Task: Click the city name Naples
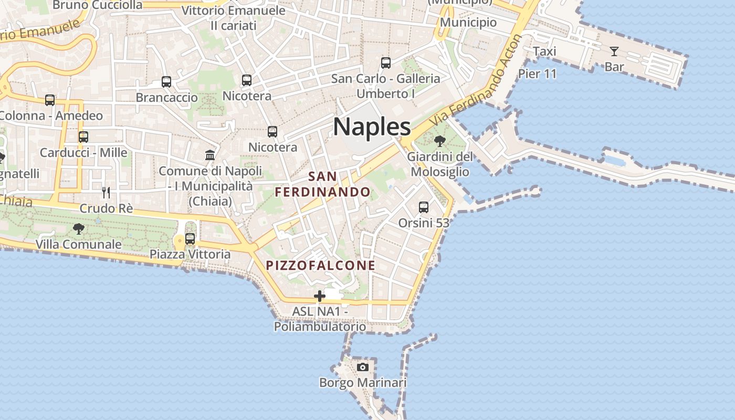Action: click(372, 127)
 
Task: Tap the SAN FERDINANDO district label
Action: click(323, 184)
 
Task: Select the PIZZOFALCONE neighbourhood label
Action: click(321, 265)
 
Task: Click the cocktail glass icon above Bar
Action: click(614, 51)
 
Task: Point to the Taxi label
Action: click(544, 51)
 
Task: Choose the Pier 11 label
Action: click(537, 73)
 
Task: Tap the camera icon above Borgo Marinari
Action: click(363, 367)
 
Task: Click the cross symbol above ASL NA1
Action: click(319, 297)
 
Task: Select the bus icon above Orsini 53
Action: click(424, 207)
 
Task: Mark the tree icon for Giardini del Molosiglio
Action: click(440, 141)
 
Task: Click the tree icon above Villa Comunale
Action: click(79, 228)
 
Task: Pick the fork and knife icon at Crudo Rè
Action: click(106, 192)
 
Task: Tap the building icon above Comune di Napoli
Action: click(210, 155)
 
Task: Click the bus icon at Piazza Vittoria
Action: click(190, 238)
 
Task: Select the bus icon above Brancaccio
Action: click(166, 81)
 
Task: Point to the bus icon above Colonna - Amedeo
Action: click(50, 100)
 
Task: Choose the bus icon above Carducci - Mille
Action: click(83, 136)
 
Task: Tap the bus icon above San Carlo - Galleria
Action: click(386, 63)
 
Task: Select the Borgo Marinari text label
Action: click(363, 383)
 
